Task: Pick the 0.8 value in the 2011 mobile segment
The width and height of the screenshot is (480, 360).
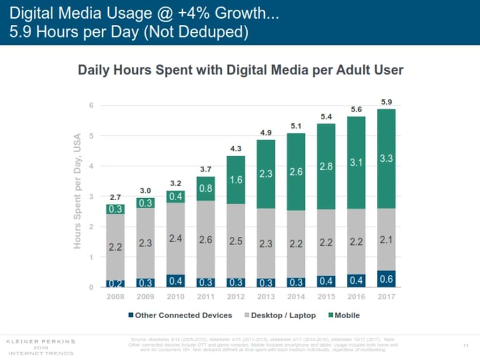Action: pos(206,188)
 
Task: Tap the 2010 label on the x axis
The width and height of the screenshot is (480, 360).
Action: pos(175,297)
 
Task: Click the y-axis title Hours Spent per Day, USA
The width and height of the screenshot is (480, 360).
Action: pos(78,191)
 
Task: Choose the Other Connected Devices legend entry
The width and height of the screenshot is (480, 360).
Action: pos(180,315)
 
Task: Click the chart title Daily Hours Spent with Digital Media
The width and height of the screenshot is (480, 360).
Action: pos(240,70)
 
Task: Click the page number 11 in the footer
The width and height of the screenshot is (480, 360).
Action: pos(466,345)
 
